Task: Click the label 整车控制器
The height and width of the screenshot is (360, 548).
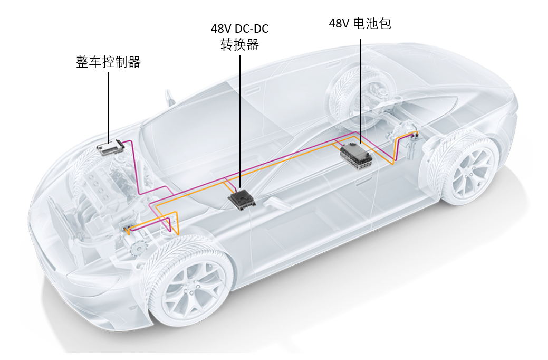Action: [109, 62]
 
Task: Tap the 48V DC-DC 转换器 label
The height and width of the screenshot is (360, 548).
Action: [239, 36]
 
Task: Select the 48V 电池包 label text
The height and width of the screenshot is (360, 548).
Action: [360, 24]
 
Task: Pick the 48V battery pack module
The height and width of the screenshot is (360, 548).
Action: [357, 153]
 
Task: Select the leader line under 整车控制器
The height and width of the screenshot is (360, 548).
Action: [109, 106]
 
